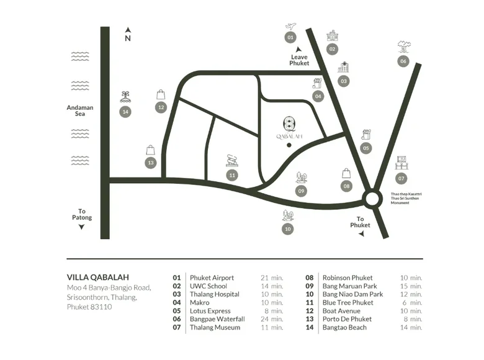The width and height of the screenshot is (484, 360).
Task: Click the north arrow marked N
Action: (x=128, y=34)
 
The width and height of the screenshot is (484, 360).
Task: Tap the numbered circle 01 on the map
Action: (x=290, y=38)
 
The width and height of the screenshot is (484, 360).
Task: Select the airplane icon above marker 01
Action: (x=290, y=25)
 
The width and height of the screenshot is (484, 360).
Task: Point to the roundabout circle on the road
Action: (x=372, y=199)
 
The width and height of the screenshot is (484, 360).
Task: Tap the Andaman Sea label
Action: (x=80, y=110)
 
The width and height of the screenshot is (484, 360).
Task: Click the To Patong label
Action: (x=81, y=215)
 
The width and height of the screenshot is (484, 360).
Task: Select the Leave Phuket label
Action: (x=299, y=60)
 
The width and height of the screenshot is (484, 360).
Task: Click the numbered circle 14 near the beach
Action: (x=125, y=112)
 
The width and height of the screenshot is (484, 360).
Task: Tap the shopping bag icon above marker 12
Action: (x=161, y=94)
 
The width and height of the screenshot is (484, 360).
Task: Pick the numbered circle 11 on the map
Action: (x=232, y=175)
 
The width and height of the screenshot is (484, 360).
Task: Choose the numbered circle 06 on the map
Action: (x=403, y=61)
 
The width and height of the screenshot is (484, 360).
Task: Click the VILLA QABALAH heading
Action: (x=97, y=277)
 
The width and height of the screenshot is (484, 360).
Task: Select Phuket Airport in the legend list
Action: (x=212, y=277)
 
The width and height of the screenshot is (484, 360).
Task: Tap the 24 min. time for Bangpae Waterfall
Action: (x=272, y=319)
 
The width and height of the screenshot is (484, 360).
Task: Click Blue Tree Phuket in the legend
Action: (x=347, y=302)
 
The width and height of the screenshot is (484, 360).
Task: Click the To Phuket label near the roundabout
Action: (x=360, y=222)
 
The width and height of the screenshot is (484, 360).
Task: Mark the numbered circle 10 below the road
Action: (x=287, y=229)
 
